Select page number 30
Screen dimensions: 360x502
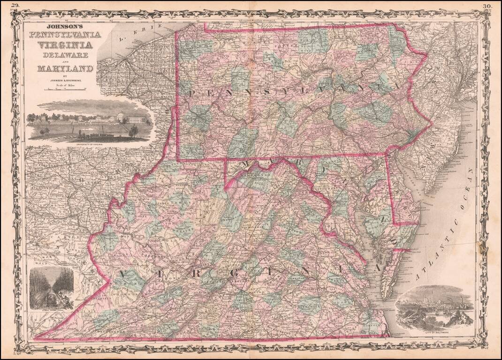tap(487, 6)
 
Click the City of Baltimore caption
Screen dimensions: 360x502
tap(434, 330)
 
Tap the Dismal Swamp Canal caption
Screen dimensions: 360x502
tap(51, 310)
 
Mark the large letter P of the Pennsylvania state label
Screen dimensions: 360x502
tap(190, 94)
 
